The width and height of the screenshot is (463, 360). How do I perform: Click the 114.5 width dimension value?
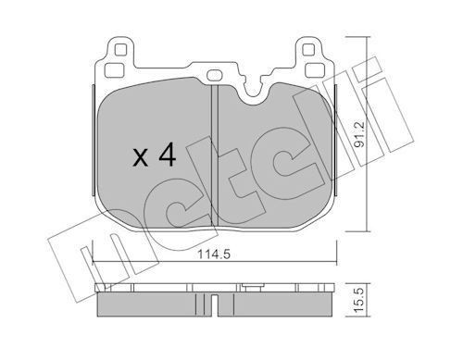click(214, 254)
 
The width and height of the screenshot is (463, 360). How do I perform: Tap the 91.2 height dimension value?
click(359, 134)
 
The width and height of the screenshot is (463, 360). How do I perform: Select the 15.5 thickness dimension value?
click(359, 300)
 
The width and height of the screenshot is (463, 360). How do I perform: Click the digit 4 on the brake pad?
click(167, 155)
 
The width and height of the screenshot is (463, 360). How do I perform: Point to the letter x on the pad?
click(141, 158)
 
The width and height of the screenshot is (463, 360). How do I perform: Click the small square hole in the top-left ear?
click(120, 50)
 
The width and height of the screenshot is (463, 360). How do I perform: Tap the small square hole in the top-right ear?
click(308, 50)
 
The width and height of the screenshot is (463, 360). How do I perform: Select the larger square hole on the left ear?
click(114, 70)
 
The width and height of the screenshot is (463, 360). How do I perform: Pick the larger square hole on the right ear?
click(315, 70)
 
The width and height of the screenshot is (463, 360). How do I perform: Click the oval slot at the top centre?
click(214, 75)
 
